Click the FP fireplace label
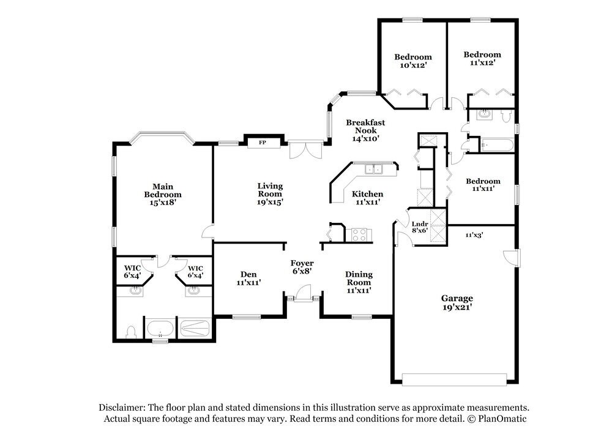pyautogui.click(x=263, y=143)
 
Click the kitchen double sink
pyautogui.click(x=373, y=169)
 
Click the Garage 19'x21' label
pyautogui.click(x=457, y=302)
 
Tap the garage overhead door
pyautogui.click(x=454, y=380)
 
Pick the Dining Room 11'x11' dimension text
pyautogui.click(x=359, y=290)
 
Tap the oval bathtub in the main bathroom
pyautogui.click(x=160, y=329)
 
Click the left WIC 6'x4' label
pyautogui.click(x=132, y=272)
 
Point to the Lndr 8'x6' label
pyautogui.click(x=420, y=227)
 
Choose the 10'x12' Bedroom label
pyautogui.click(x=413, y=61)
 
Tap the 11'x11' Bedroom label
pyautogui.click(x=483, y=185)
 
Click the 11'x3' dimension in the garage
pyautogui.click(x=474, y=235)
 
